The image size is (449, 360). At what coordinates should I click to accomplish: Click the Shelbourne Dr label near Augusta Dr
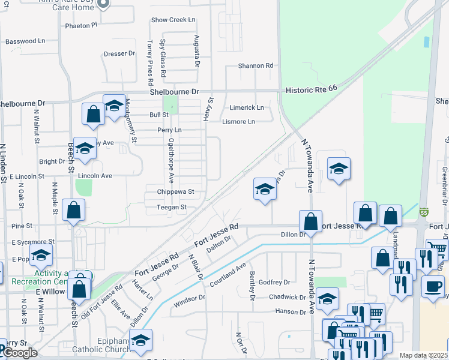[x=174, y=92]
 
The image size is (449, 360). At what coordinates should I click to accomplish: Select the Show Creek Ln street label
[x=173, y=20]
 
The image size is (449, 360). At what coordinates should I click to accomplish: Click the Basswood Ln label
[x=25, y=41]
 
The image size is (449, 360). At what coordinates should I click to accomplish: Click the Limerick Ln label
[x=247, y=107]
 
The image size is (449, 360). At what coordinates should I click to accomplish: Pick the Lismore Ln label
[x=238, y=122]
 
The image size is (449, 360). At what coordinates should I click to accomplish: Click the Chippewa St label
[x=174, y=192]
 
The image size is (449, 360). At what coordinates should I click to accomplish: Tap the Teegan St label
[x=172, y=207]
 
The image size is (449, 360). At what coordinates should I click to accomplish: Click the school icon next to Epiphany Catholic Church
[x=140, y=341]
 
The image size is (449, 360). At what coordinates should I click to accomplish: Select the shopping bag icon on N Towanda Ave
[x=310, y=221]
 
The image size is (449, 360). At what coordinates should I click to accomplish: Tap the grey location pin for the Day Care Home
[x=102, y=4]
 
